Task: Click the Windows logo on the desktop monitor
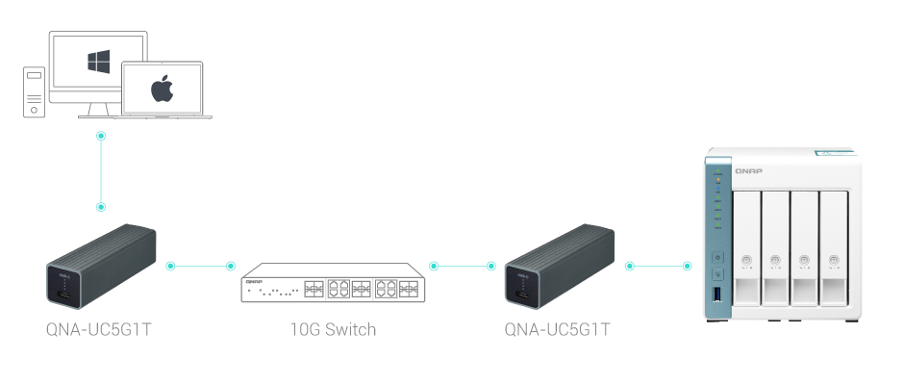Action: (x=97, y=63)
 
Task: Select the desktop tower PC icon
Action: (x=34, y=90)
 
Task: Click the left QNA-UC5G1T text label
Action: (x=99, y=330)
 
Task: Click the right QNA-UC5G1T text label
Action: (x=558, y=330)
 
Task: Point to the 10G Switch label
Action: (x=333, y=330)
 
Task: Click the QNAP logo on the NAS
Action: (x=747, y=170)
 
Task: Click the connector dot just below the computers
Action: (x=101, y=136)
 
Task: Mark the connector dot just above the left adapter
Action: (x=101, y=207)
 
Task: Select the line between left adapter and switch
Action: (x=200, y=265)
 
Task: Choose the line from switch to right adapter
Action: (x=463, y=265)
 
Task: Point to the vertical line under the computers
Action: (x=101, y=171)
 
